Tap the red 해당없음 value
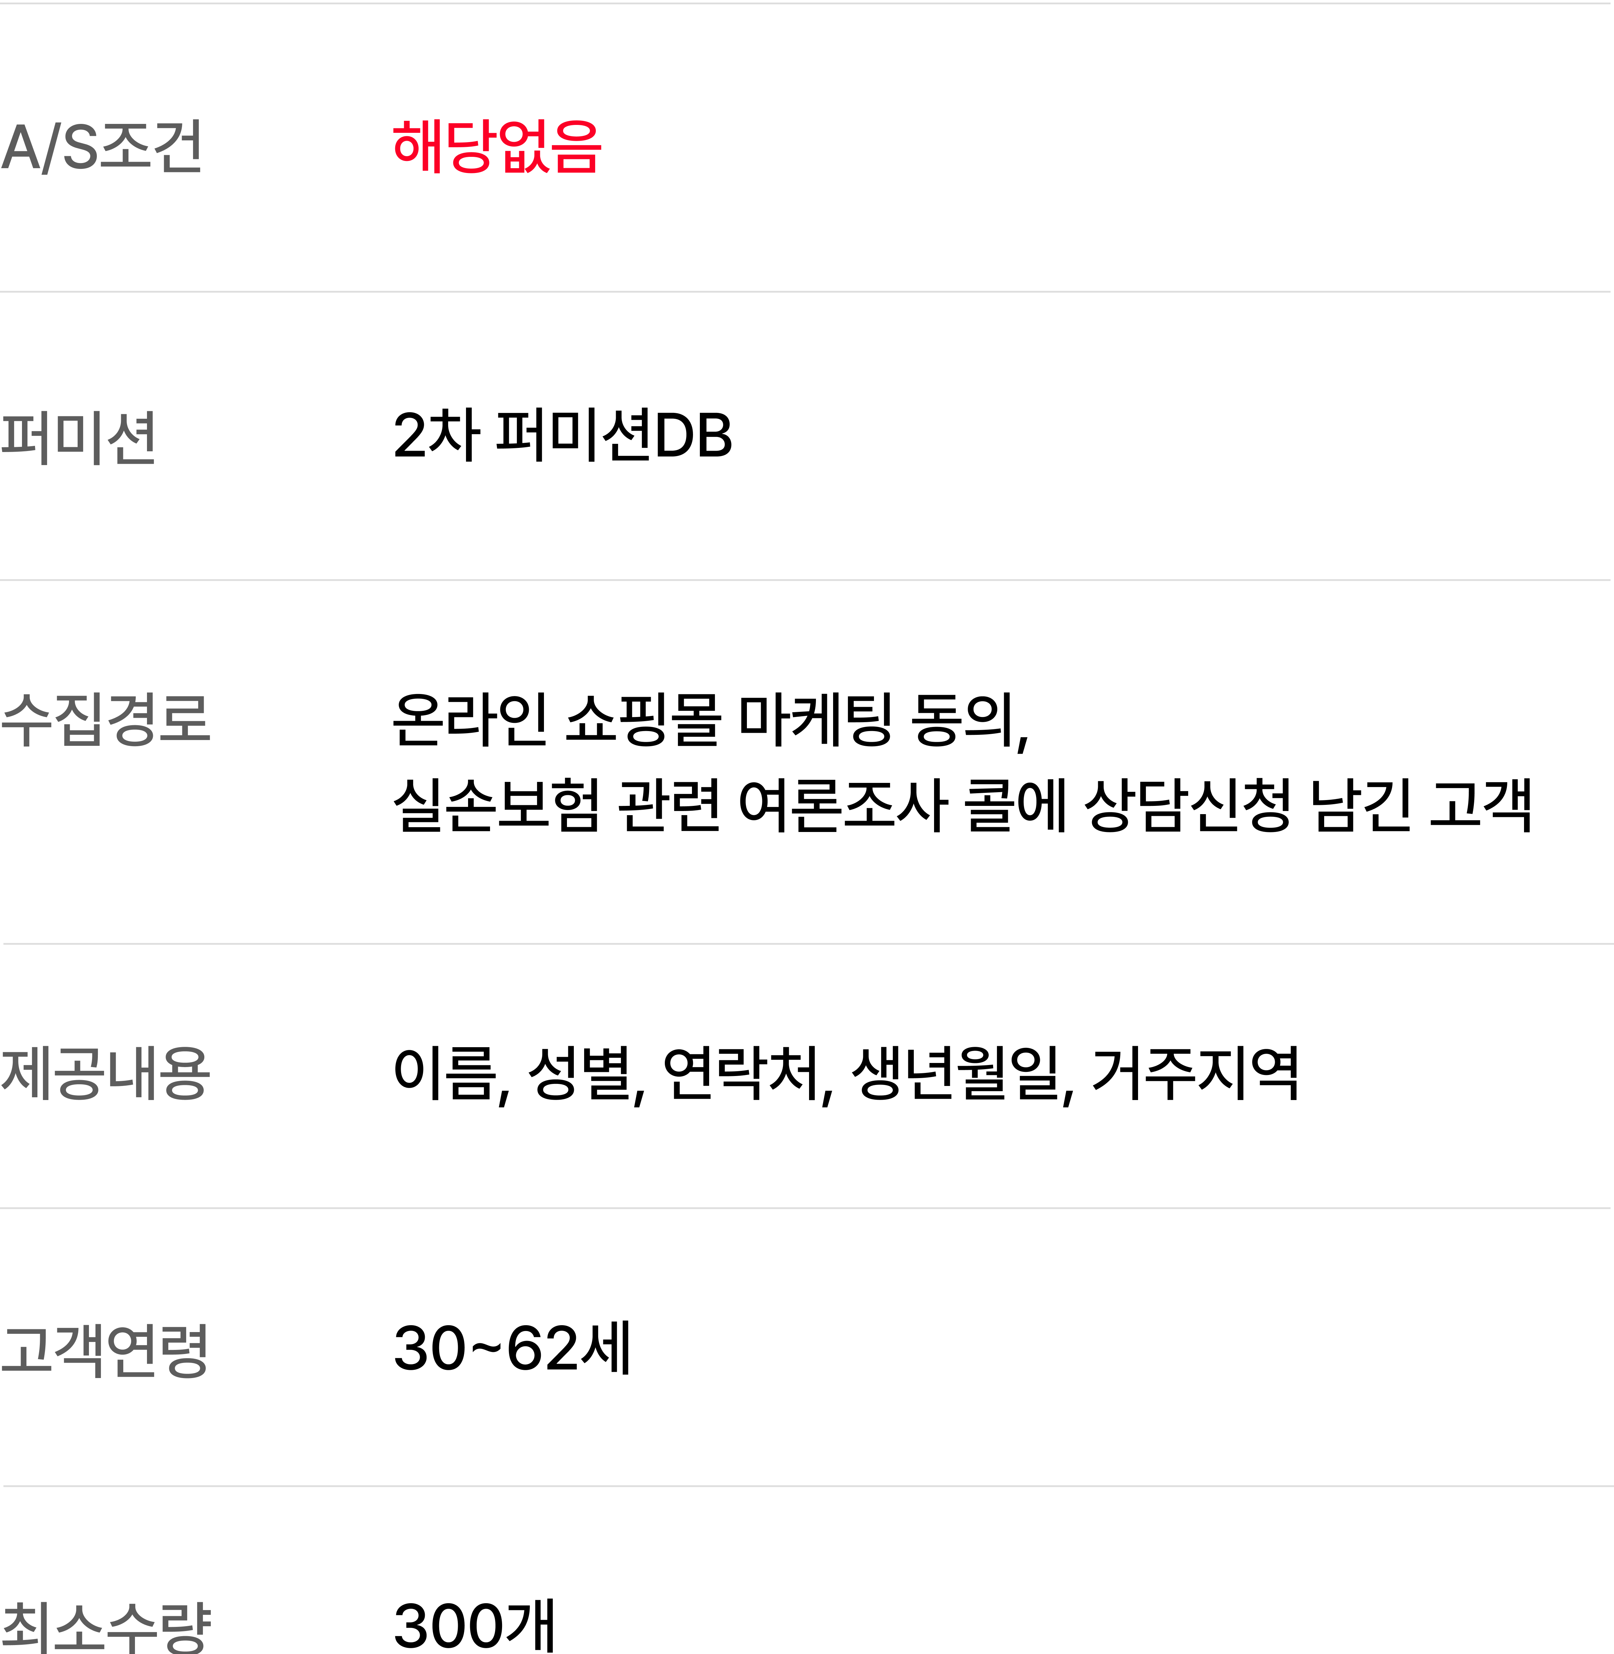click(x=497, y=147)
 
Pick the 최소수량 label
click(x=105, y=1627)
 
